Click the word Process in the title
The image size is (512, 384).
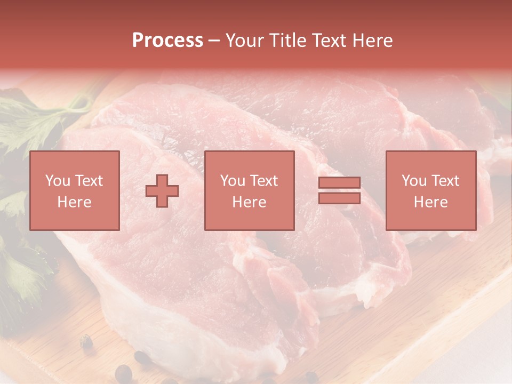167,41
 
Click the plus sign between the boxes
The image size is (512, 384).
162,191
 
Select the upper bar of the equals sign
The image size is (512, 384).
339,183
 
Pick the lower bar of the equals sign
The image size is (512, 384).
339,198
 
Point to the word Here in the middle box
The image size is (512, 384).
250,202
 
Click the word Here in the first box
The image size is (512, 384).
75,202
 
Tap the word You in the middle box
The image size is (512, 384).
231,181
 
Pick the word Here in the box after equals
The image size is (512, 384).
431,202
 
